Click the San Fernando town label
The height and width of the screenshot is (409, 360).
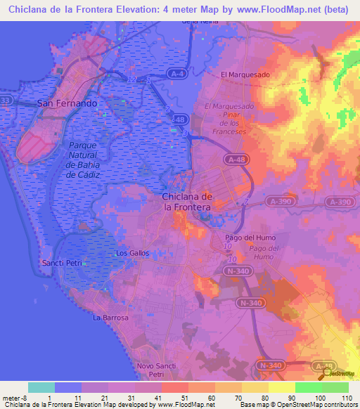tap(67, 103)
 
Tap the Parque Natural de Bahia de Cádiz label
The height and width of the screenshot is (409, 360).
tap(83, 160)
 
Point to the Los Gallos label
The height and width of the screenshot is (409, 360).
tap(131, 252)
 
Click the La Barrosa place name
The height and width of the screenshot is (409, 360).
tap(111, 318)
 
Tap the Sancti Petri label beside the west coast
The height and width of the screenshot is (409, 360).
tap(62, 262)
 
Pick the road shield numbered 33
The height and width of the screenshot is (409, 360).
tap(5, 101)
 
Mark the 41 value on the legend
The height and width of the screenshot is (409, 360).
tap(159, 397)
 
